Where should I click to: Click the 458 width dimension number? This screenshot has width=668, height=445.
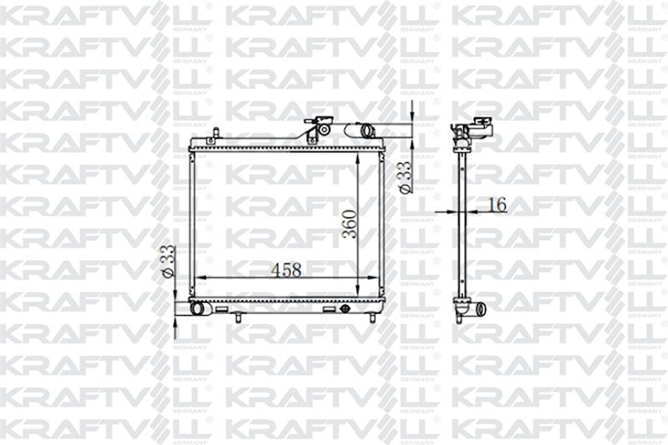click(x=286, y=270)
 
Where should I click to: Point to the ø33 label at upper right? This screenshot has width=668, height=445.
click(x=405, y=177)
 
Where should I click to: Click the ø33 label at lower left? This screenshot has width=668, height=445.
click(x=168, y=262)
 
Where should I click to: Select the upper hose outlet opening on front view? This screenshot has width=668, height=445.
click(x=367, y=130)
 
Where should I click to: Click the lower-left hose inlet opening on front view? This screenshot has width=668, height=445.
click(x=198, y=309)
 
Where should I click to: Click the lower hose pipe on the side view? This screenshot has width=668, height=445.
click(x=480, y=309)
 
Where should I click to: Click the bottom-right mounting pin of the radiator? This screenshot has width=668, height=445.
click(x=372, y=318)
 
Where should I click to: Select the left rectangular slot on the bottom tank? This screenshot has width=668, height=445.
click(x=222, y=309)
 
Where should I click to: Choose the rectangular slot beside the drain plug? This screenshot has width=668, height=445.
click(x=329, y=309)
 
